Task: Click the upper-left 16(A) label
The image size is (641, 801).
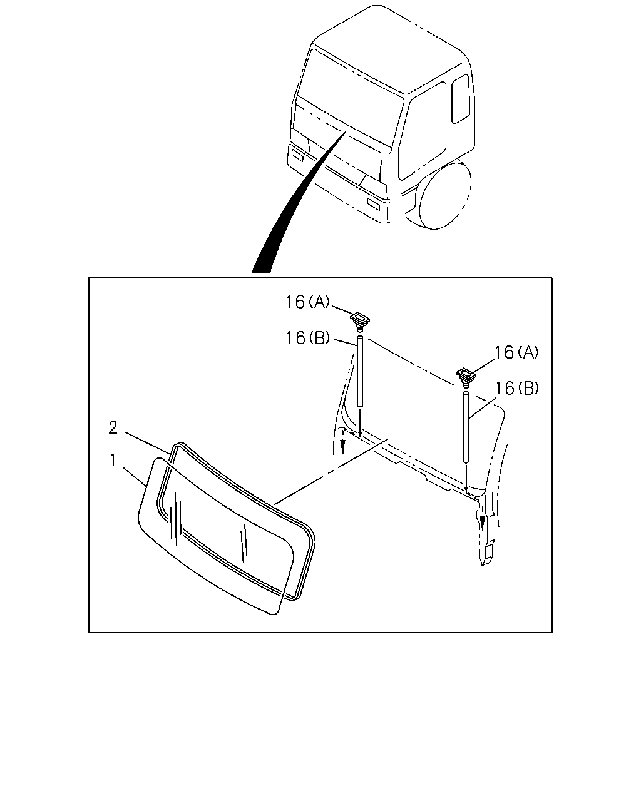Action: coord(307,302)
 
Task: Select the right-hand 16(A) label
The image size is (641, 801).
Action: coord(516,352)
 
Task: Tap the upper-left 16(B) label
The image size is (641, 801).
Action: coord(308,338)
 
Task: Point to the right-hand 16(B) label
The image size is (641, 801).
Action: coord(517,388)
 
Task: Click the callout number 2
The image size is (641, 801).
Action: coord(113,427)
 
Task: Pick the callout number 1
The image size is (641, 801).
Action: coord(113,460)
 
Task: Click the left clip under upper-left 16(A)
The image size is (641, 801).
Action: coord(360,321)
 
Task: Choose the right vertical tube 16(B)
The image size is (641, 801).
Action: coord(466,427)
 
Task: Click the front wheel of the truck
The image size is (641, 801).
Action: coord(444,193)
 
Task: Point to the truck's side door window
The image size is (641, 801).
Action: coord(423,131)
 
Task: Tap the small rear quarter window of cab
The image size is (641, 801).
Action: coord(461,99)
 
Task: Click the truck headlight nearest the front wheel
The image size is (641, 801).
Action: coord(374,204)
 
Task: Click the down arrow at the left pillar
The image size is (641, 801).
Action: coord(342,446)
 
